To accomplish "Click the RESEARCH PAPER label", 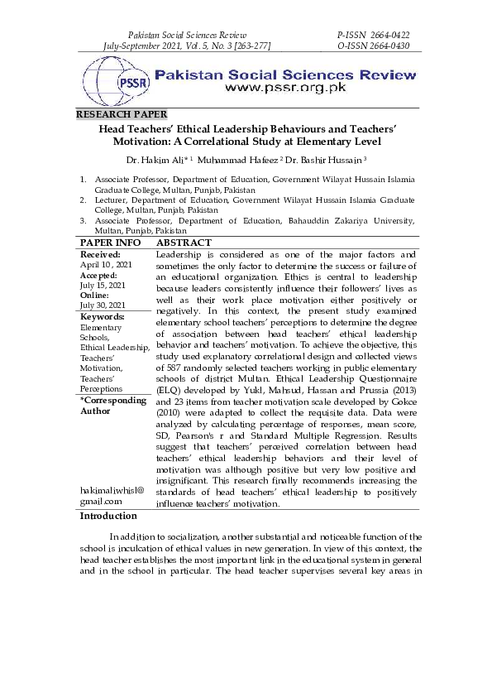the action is [121, 114].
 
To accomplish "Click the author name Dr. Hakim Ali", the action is [169, 159].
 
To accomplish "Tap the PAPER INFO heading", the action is [112, 243].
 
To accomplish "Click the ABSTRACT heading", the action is [184, 243].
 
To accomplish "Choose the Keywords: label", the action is [103, 317].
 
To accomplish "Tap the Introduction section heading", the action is [108, 516].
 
